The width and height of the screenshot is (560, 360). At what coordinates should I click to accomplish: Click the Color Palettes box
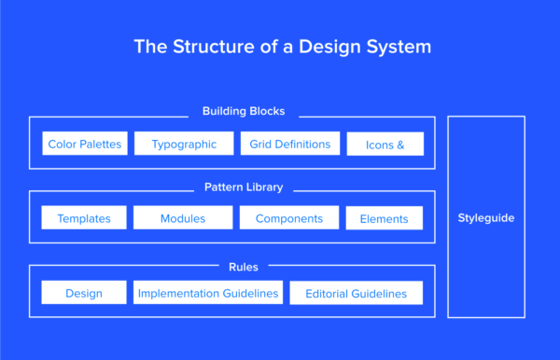[x=84, y=144]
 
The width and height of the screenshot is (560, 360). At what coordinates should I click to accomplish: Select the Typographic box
[x=183, y=144]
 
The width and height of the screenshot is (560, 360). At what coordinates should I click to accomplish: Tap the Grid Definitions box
[x=289, y=144]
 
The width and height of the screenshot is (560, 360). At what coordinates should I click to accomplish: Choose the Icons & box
[x=385, y=145]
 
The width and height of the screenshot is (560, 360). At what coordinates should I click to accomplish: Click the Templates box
[x=84, y=218]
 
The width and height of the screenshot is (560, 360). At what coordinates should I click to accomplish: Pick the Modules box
[x=183, y=218]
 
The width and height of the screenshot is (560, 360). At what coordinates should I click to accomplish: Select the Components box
[x=289, y=218]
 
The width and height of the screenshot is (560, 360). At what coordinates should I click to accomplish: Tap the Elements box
[x=385, y=219]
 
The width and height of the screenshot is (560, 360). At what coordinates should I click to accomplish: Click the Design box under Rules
[x=84, y=293]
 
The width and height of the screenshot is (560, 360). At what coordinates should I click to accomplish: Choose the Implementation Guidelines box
[x=208, y=293]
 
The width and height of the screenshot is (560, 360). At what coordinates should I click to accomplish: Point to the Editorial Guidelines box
[x=356, y=294]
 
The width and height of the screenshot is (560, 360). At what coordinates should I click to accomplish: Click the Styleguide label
[x=485, y=217]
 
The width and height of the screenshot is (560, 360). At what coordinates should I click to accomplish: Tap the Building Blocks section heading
[x=244, y=112]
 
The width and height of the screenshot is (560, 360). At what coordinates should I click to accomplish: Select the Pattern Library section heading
[x=244, y=187]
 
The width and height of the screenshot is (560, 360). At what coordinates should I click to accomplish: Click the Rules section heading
[x=244, y=266]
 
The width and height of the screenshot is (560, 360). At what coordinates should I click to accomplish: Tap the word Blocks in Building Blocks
[x=266, y=112]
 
